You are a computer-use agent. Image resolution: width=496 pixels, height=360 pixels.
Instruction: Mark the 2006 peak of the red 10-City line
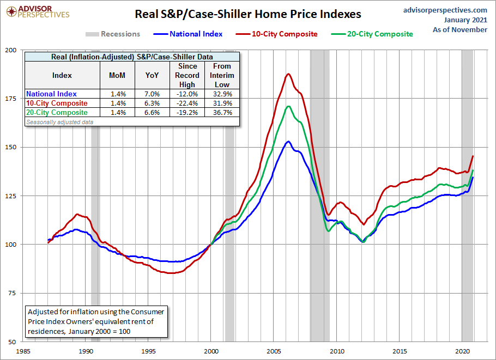(x=288, y=74)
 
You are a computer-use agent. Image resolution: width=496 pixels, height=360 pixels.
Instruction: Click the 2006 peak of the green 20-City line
(x=288, y=106)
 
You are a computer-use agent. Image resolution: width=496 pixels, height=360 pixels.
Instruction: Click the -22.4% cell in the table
(x=187, y=103)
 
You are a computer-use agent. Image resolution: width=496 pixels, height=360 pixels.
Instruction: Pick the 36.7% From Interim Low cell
(x=222, y=113)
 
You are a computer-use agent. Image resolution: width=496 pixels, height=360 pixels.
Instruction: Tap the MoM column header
(x=117, y=76)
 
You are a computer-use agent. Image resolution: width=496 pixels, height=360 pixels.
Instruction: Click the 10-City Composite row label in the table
(x=57, y=103)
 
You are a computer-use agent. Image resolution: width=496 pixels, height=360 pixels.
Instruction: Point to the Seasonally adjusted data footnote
(x=59, y=122)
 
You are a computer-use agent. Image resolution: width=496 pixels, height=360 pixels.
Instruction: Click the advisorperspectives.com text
(x=445, y=10)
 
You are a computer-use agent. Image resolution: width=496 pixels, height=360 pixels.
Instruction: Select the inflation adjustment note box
(x=96, y=321)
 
